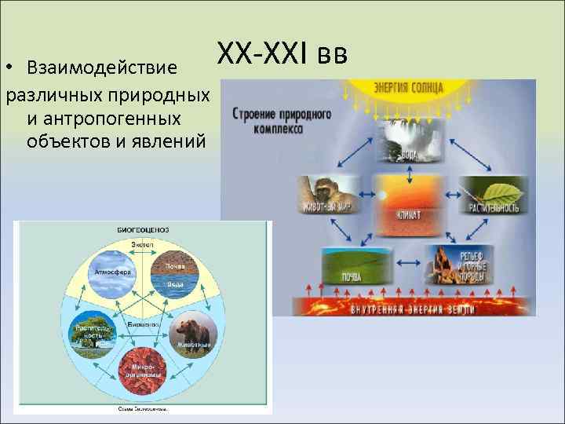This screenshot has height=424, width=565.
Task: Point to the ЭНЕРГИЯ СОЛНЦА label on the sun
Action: point(409,86)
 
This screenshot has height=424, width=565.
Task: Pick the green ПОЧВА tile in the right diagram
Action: point(346,265)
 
